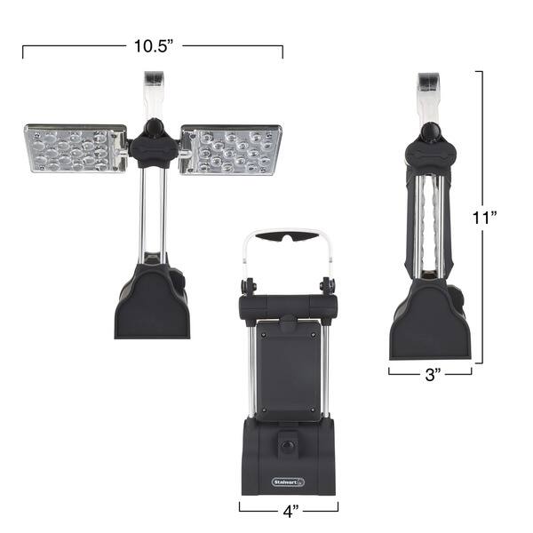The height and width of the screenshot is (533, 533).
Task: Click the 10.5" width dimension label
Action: tap(154, 46)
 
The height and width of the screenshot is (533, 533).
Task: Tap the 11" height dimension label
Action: tap(485, 218)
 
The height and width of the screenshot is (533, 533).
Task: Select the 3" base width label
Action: tap(433, 375)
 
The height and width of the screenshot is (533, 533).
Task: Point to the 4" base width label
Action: tap(290, 511)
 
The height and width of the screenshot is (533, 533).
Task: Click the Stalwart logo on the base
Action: tap(288, 481)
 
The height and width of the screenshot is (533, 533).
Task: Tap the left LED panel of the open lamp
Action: tap(76, 148)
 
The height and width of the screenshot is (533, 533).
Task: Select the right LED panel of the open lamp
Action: tap(231, 150)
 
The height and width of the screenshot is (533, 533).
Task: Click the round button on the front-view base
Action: tap(288, 445)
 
